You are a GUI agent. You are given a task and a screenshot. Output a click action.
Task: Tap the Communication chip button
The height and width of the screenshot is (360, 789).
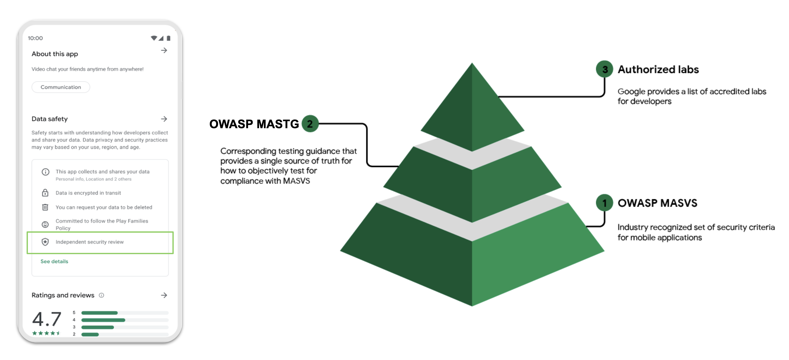coord(61,87)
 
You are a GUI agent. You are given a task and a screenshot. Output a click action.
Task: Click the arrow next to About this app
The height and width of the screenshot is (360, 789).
coord(164,51)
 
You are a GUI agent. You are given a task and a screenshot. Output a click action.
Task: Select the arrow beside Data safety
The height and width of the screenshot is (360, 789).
coord(164,119)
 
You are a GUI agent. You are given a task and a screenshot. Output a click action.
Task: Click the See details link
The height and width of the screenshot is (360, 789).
coord(54,261)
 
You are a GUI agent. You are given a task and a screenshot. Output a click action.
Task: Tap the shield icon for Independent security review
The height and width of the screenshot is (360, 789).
coord(45,242)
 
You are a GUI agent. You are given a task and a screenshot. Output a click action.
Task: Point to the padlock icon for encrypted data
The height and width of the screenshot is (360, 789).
coord(45,193)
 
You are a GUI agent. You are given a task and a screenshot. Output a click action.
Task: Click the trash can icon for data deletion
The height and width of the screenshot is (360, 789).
coord(45,207)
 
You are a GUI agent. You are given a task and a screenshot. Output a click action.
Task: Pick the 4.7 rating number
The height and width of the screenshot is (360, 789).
coord(47,319)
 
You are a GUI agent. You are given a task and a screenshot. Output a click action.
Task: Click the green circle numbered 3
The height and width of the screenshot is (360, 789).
coord(604,69)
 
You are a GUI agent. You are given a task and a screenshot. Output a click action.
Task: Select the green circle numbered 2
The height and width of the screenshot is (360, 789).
coord(310,124)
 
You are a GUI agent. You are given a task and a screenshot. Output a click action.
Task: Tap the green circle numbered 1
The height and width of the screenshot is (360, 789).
coord(604,203)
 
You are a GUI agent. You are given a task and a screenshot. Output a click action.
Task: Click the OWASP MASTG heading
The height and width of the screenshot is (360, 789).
coord(254,124)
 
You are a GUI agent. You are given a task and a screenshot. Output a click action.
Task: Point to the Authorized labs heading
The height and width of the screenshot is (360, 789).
coord(658,69)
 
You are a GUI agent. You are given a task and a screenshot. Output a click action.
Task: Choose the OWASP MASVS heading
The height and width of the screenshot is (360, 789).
coord(657,203)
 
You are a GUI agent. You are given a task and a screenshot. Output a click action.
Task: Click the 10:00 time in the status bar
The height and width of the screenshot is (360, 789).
coord(35,38)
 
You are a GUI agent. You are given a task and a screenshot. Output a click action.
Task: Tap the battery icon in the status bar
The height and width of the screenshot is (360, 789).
coord(169,38)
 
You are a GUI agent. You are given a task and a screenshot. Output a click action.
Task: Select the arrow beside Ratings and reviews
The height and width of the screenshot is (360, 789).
coord(164,295)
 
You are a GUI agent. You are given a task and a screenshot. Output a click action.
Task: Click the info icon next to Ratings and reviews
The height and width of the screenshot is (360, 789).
coord(101,295)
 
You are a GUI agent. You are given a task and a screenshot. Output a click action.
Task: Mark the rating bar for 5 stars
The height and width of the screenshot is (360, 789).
coord(125,313)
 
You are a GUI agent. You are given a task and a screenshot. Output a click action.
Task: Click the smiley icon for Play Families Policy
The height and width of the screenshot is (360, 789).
coord(45,224)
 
